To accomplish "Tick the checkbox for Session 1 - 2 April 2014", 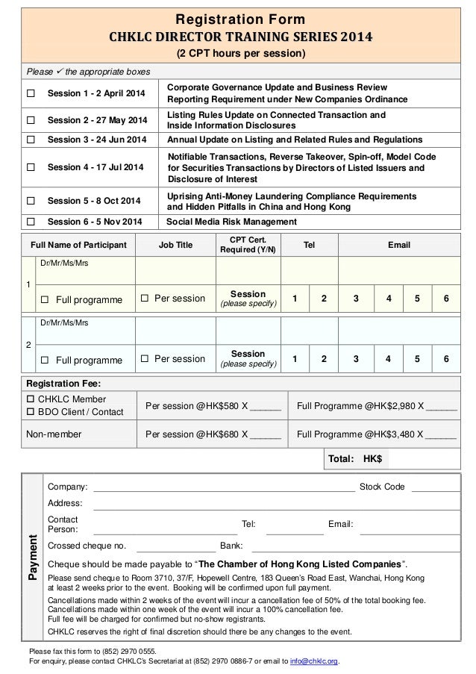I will [31, 93].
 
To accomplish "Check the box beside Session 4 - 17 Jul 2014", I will [31, 168].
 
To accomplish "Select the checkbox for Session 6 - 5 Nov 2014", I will [31, 222].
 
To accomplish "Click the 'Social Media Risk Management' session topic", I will [231, 222].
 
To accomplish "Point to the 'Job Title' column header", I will [175, 245].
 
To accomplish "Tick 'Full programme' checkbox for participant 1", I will [45, 299].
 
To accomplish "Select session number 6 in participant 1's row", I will [446, 299].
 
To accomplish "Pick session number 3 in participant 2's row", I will [355, 359].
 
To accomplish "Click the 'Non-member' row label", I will [54, 434].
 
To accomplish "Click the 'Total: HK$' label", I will [355, 459].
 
